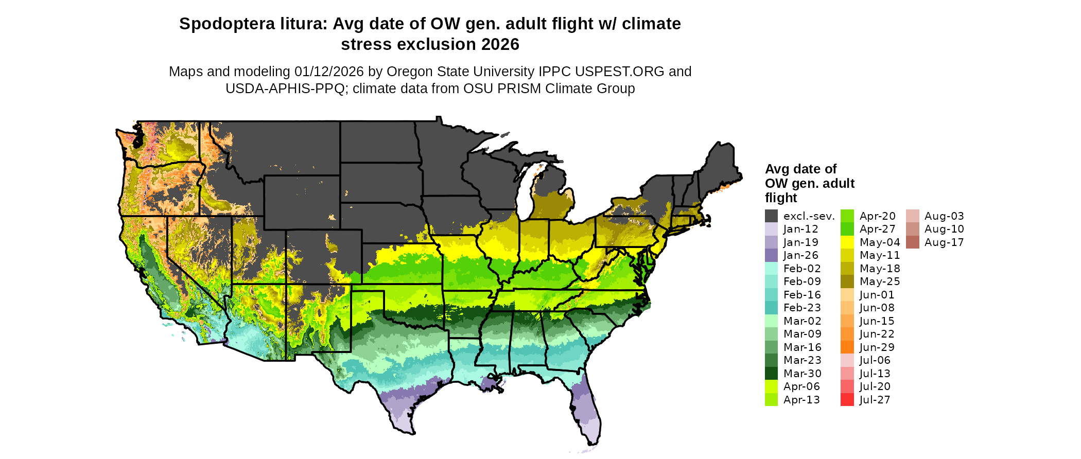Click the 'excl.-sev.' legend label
(x=809, y=216)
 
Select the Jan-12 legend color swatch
(x=771, y=229)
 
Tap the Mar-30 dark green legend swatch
(x=771, y=374)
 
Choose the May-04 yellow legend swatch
(x=847, y=242)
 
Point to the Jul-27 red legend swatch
(x=847, y=400)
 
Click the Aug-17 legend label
(x=944, y=242)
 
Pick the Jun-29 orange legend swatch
(x=847, y=347)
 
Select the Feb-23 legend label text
(x=802, y=308)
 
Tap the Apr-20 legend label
(x=877, y=216)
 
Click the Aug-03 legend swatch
(x=912, y=216)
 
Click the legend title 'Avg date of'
(x=800, y=169)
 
